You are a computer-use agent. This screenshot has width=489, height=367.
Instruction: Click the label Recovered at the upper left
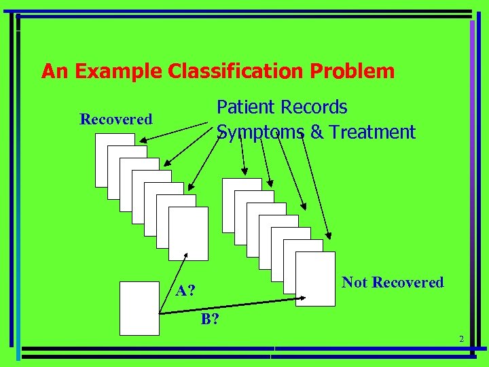coord(116,120)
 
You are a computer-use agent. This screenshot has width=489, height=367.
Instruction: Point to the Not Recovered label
coord(393,283)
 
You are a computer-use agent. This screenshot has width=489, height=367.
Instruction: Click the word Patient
coord(246,107)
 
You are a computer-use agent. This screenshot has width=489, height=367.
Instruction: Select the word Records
coord(314,107)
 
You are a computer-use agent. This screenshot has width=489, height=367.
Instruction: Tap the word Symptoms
coord(261,132)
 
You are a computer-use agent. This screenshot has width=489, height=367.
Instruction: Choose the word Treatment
coord(372,132)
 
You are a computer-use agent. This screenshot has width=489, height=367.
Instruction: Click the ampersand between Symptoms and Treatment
coord(316,132)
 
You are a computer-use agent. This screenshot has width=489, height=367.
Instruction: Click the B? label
coord(209,319)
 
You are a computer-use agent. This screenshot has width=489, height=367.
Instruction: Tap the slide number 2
coord(460,339)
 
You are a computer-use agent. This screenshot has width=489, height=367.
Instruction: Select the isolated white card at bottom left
coord(139,308)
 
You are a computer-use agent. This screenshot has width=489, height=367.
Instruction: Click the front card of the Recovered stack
coord(188,233)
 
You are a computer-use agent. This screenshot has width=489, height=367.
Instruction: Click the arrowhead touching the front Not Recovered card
coord(304,297)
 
